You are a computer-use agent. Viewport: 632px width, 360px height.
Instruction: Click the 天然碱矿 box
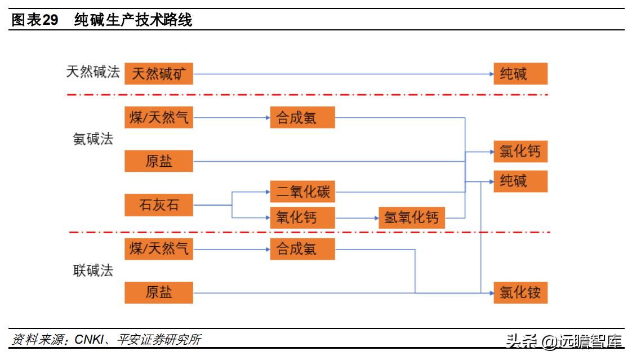click(x=158, y=74)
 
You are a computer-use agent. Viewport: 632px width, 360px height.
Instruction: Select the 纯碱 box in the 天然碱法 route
click(x=520, y=74)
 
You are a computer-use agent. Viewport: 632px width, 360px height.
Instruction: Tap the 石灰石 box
click(x=158, y=205)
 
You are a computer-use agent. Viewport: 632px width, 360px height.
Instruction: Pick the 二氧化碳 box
click(x=302, y=192)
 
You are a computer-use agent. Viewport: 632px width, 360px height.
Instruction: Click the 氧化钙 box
click(x=302, y=217)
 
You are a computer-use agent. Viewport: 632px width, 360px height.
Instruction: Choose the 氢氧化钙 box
click(x=411, y=217)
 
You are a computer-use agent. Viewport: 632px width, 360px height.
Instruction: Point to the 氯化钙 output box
click(x=520, y=151)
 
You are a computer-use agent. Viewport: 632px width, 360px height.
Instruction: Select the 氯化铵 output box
click(x=520, y=293)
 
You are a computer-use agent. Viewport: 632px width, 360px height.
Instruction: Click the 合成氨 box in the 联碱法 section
click(x=302, y=249)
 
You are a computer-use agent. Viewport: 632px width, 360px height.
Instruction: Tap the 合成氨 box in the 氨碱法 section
click(x=302, y=118)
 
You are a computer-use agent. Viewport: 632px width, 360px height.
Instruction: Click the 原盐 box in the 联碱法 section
click(x=158, y=293)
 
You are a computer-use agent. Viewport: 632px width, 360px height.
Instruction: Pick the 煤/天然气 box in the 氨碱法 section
click(x=158, y=118)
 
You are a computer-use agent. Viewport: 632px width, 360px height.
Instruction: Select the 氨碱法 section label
click(x=93, y=139)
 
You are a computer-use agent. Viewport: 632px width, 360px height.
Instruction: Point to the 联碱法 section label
click(x=93, y=270)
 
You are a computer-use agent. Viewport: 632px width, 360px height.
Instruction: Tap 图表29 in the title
click(x=35, y=21)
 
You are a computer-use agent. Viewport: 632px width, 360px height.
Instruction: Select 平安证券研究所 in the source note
click(x=159, y=340)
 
